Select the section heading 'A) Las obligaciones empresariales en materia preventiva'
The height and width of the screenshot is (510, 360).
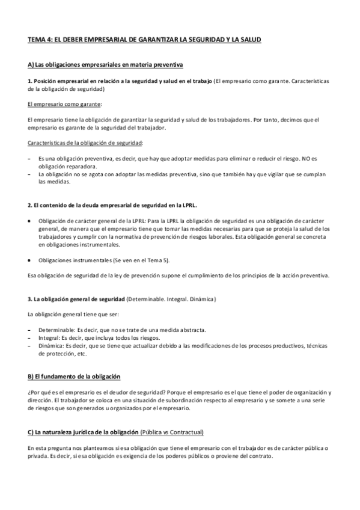click(105, 64)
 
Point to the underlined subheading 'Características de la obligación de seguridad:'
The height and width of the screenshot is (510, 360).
click(86, 143)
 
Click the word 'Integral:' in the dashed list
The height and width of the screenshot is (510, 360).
click(50, 338)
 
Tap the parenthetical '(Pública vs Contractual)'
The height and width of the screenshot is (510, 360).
click(171, 432)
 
